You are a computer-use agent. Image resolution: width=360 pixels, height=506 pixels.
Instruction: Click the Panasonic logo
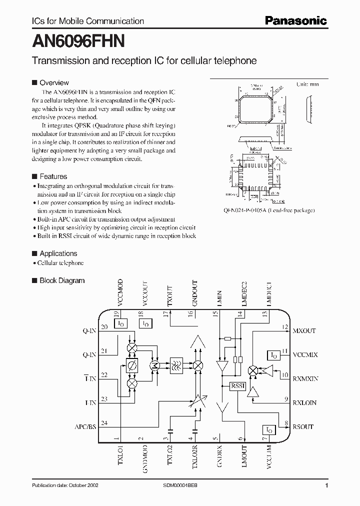coord(295,20)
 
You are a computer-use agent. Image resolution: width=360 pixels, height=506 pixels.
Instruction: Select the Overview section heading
coord(54,83)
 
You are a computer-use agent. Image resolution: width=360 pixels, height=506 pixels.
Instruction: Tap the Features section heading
coord(53,176)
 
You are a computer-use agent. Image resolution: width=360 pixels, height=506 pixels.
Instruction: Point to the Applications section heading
coord(58,253)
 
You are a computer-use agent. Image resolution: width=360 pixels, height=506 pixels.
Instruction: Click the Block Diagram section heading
coord(62,281)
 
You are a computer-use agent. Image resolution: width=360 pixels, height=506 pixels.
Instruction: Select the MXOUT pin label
coord(304,331)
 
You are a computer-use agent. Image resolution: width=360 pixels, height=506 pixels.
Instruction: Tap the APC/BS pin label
coord(85,426)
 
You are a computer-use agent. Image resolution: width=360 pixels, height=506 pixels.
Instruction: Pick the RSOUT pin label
coord(303,426)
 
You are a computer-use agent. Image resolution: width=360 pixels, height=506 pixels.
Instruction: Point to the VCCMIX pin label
coord(305,354)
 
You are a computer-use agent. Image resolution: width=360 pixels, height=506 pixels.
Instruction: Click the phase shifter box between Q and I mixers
coord(132,365)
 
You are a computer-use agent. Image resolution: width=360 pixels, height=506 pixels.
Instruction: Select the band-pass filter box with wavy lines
coord(176,365)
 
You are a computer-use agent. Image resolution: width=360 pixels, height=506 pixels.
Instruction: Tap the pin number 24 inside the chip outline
coord(104,422)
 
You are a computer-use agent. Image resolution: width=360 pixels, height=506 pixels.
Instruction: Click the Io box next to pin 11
coord(274,354)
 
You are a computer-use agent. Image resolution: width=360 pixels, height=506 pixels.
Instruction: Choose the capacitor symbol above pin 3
coord(170,429)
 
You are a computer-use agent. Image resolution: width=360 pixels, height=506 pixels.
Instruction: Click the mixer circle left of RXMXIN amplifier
coord(253,370)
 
